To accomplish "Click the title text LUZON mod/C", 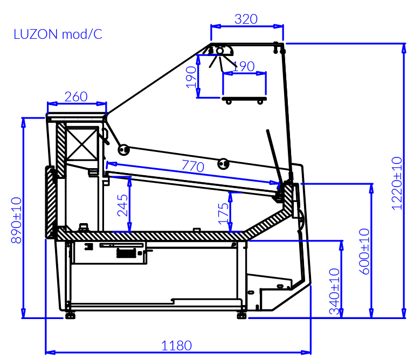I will click(58, 35).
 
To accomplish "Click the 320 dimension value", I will click(246, 19).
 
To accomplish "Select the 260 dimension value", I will click(76, 97).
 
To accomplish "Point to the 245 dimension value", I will click(123, 205).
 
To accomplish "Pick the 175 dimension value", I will click(223, 212).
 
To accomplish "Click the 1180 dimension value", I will click(177, 345).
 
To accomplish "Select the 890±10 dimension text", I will click(17, 220).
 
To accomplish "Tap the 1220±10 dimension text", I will click(397, 183).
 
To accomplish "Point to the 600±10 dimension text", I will click(365, 252).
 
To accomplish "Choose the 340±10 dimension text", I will click(334, 292).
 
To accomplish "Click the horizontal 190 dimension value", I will click(243, 67).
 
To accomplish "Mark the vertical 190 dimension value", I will click(191, 77).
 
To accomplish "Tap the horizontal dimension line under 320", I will click(246, 26).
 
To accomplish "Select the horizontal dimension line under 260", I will click(77, 103).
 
